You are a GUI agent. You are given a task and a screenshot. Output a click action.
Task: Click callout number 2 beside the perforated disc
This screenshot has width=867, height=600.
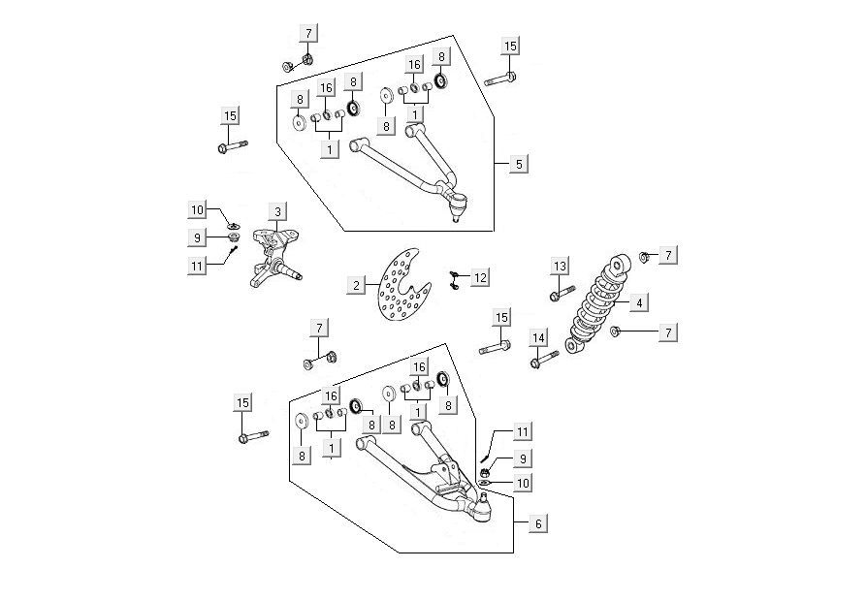click(357, 285)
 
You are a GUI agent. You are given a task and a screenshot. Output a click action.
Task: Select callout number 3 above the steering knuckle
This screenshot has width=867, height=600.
click(277, 212)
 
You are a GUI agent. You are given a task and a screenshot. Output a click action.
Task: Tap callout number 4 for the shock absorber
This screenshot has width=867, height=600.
click(638, 303)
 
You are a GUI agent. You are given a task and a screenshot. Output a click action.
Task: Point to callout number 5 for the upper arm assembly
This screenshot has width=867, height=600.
click(519, 164)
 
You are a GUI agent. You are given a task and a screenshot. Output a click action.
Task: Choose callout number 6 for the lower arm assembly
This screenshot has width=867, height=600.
click(537, 522)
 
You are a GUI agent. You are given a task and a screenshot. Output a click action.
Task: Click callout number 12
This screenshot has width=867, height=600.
click(480, 277)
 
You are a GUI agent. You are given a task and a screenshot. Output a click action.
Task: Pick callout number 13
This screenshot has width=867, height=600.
click(560, 267)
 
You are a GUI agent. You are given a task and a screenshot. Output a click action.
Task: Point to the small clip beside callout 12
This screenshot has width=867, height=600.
click(454, 280)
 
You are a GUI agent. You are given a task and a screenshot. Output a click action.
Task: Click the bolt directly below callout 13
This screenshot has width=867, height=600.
click(561, 294)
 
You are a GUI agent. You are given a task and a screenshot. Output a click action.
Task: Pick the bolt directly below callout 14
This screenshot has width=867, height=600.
click(543, 362)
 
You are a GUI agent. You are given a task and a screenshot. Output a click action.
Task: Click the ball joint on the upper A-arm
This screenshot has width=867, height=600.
click(460, 205)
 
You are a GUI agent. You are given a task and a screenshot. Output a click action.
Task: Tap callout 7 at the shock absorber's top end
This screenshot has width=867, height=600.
click(668, 256)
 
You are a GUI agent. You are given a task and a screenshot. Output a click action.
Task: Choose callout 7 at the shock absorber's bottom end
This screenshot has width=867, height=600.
click(668, 332)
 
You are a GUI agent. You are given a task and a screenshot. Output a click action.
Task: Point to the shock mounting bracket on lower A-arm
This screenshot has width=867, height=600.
click(445, 475)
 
